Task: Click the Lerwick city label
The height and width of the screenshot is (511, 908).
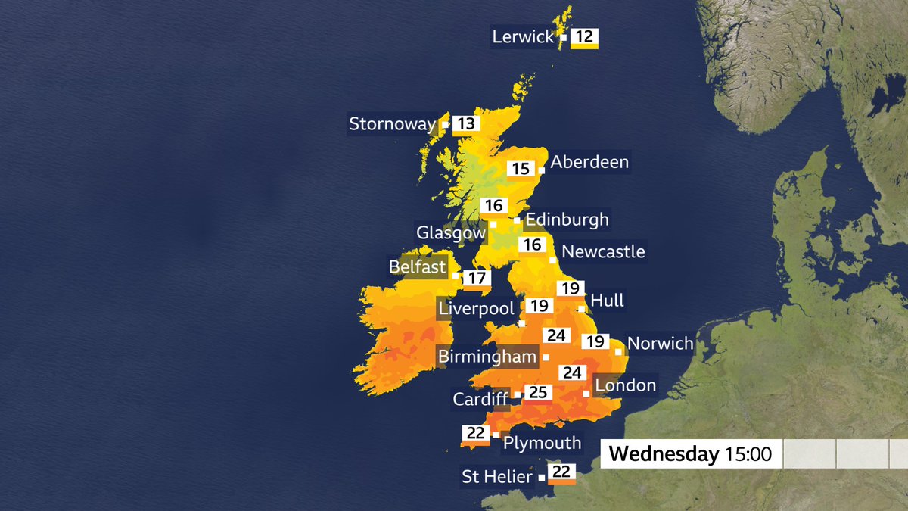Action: pyautogui.click(x=524, y=36)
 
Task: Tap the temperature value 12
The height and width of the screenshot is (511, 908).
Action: pyautogui.click(x=584, y=36)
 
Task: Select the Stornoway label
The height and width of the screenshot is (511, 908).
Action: pyautogui.click(x=392, y=124)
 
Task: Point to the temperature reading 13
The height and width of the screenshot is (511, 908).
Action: pyautogui.click(x=466, y=124)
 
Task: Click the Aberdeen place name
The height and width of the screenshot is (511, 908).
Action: pyautogui.click(x=589, y=163)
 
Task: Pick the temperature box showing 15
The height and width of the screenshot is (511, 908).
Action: pyautogui.click(x=521, y=169)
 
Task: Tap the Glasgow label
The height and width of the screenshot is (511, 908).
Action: pyautogui.click(x=451, y=232)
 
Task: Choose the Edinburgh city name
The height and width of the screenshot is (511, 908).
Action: pyautogui.click(x=567, y=220)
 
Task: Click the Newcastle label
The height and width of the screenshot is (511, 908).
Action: pyautogui.click(x=603, y=251)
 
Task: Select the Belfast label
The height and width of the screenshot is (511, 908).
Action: pyautogui.click(x=417, y=267)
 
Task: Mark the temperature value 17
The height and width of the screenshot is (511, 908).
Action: pyautogui.click(x=475, y=279)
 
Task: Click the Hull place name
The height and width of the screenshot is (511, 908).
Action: pyautogui.click(x=607, y=301)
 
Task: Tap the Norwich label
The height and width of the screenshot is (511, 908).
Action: pyautogui.click(x=660, y=344)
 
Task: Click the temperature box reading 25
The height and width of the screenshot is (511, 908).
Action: pyautogui.click(x=538, y=393)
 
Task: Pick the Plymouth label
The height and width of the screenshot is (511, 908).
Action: pyautogui.click(x=542, y=443)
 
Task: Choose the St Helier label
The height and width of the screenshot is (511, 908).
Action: pyautogui.click(x=497, y=477)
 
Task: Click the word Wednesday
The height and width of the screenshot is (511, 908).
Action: pyautogui.click(x=663, y=454)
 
